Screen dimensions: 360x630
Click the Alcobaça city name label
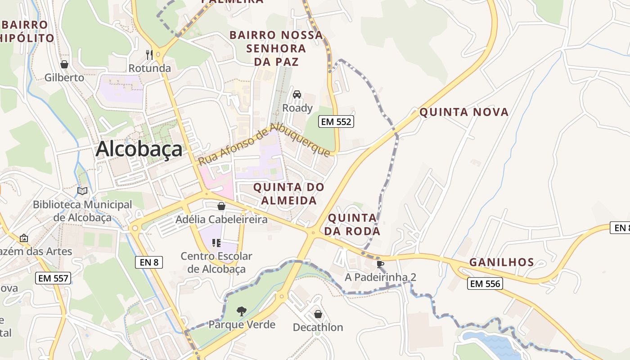coord(139,149)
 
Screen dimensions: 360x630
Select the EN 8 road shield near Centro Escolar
coord(148,262)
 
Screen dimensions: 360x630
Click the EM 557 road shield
coord(53,278)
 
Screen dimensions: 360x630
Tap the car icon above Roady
coord(297,94)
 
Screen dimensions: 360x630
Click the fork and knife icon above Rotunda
coord(150,55)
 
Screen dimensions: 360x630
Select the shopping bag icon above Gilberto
coord(64,64)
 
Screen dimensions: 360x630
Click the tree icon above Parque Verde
coord(242,310)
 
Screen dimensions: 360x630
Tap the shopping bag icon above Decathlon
coord(318,314)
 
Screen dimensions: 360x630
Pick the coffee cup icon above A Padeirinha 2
coord(380,263)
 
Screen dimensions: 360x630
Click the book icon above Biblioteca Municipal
coord(82,191)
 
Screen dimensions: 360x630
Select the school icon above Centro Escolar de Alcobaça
coord(216,243)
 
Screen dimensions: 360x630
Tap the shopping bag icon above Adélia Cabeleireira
coord(221,206)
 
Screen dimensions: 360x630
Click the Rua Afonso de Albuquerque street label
coord(265,145)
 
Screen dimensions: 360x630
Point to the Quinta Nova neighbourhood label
coord(464,112)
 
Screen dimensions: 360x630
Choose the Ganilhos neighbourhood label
coord(502,262)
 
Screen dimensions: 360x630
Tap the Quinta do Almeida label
coord(288,193)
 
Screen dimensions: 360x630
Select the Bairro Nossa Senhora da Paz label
coord(276,48)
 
